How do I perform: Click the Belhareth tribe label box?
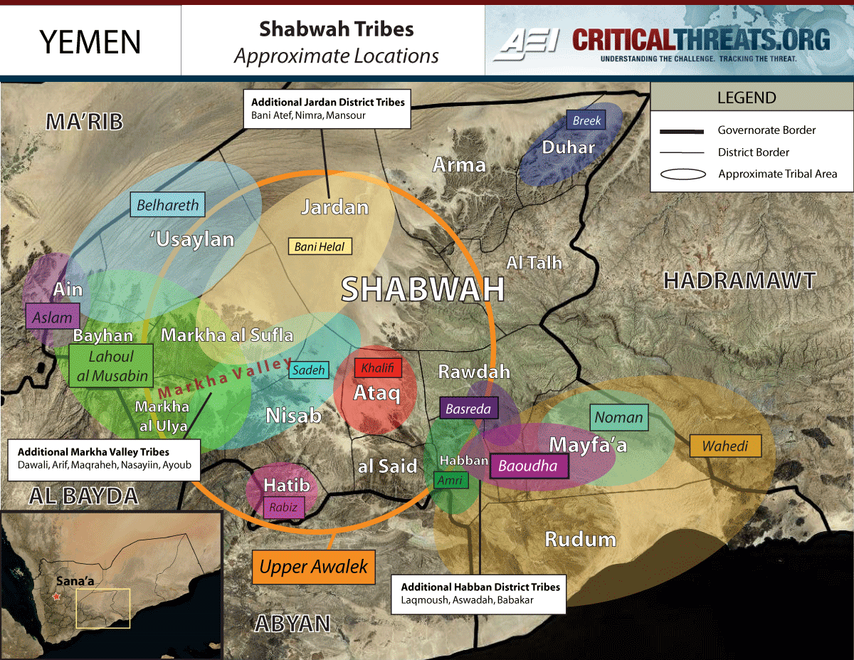point(168,205)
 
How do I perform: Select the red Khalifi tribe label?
point(378,368)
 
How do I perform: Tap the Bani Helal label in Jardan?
point(320,246)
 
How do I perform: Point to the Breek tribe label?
point(586,120)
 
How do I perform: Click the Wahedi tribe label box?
point(725,446)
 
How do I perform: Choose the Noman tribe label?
point(618,418)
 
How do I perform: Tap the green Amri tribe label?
point(450,481)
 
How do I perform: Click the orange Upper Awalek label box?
point(313,567)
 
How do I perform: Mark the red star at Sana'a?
point(57,597)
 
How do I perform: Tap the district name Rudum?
point(580,539)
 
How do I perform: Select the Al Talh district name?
point(534,263)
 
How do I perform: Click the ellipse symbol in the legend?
point(683,174)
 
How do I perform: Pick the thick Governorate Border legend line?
point(682,130)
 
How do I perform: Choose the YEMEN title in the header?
point(90,42)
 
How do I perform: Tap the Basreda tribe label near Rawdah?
point(468,409)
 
